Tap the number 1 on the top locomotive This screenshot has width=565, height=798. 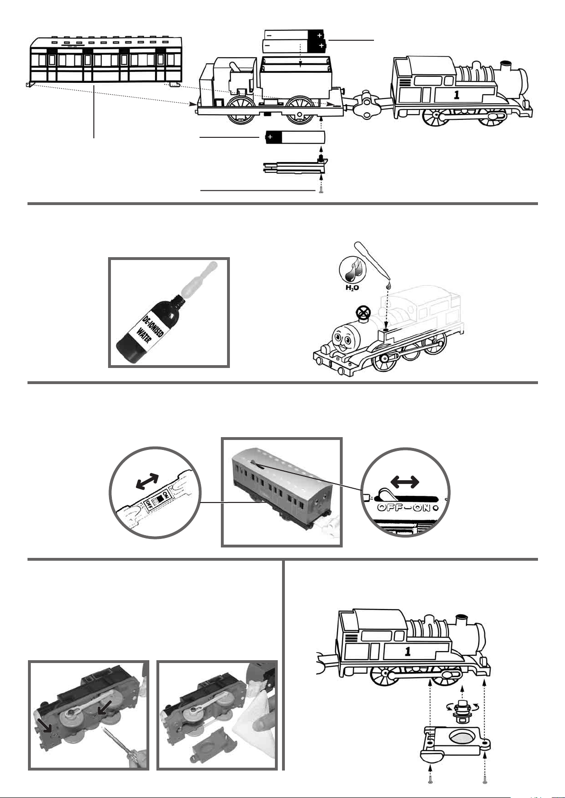click(x=456, y=95)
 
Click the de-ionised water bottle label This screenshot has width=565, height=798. click(x=150, y=330)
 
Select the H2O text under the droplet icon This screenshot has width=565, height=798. click(x=352, y=287)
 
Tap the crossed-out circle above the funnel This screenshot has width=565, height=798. click(x=363, y=313)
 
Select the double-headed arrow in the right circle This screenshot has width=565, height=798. click(x=405, y=482)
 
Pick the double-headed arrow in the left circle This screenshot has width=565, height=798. click(x=147, y=481)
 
